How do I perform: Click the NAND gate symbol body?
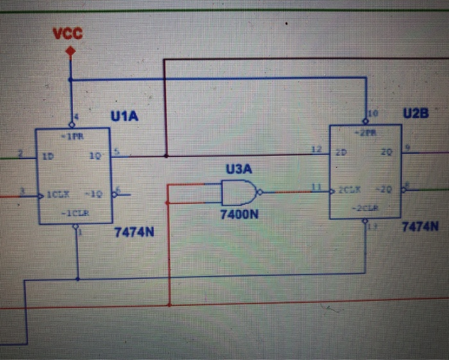pyautogui.click(x=237, y=191)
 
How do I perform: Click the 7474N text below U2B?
pyautogui.click(x=419, y=227)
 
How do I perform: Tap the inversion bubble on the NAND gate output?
pyautogui.click(x=258, y=191)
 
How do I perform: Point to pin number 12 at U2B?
pyautogui.click(x=315, y=149)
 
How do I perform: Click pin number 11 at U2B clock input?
pyautogui.click(x=316, y=185)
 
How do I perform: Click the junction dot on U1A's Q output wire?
pyautogui.click(x=165, y=155)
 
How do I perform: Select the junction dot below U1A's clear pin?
pyautogui.click(x=77, y=279)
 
